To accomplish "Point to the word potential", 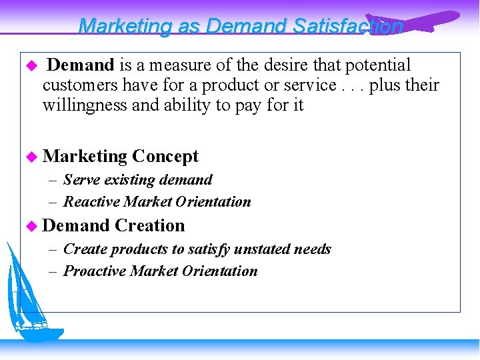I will (379, 65).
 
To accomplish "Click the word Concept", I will (165, 156).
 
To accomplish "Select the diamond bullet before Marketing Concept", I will (31, 157).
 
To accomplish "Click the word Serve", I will (80, 180).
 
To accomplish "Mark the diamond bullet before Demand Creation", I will (31, 226).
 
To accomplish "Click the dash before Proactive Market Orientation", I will (53, 271).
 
